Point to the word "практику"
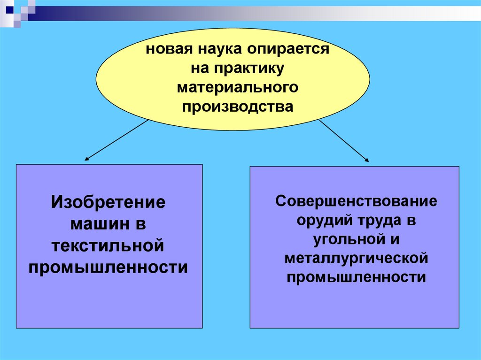click(x=248, y=69)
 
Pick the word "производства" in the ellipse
click(x=237, y=107)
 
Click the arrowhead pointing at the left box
click(x=87, y=160)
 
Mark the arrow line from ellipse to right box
click(x=343, y=140)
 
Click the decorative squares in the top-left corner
click(x=19, y=12)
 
